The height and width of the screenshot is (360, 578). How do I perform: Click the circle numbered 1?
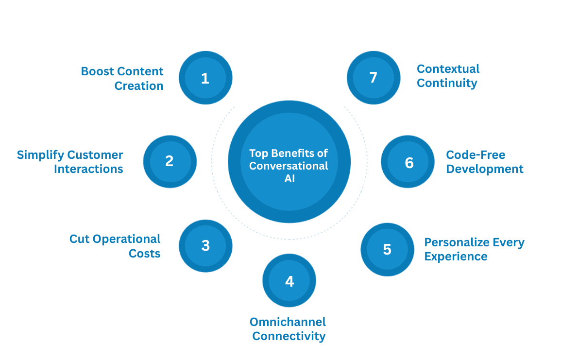205,78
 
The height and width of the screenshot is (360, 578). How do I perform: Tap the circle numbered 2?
170,162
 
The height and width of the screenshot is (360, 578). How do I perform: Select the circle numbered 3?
205,246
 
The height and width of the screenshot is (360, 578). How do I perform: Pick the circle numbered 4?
289,280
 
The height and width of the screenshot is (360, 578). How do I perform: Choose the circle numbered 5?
388,249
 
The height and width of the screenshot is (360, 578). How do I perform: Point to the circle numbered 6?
408,162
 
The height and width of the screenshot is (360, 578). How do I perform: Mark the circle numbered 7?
374,78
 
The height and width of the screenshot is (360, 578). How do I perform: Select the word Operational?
126,240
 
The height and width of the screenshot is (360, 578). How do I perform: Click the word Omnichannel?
288,322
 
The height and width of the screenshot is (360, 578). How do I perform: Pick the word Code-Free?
476,155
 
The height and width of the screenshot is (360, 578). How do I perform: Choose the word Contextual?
448,69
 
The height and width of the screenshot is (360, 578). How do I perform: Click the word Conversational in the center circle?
289,166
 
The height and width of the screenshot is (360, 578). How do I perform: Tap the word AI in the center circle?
289,179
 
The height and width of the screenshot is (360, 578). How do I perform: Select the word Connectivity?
289,336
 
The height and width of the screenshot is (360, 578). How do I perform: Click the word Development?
485,169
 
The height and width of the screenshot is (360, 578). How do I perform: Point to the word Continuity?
447,84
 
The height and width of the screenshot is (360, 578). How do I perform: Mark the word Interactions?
88,169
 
